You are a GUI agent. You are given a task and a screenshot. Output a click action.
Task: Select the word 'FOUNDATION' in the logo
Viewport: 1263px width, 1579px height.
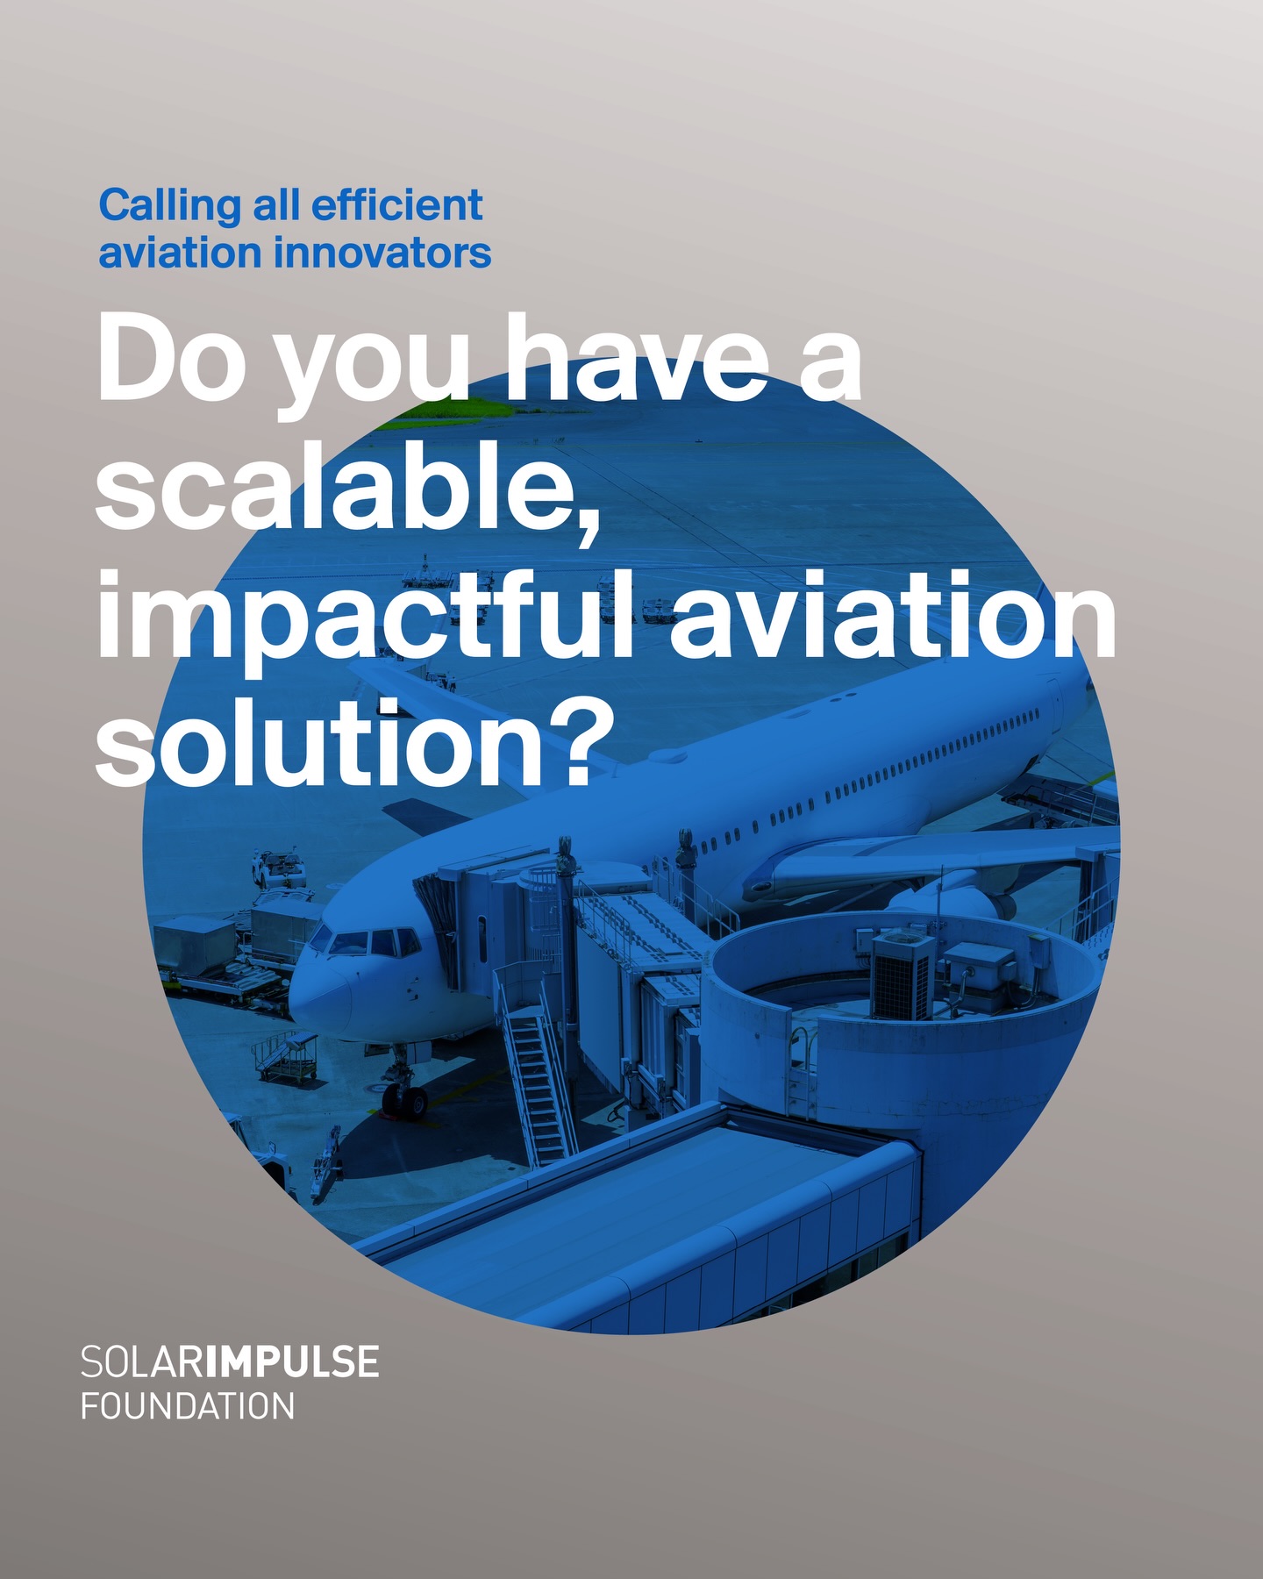[188, 1405]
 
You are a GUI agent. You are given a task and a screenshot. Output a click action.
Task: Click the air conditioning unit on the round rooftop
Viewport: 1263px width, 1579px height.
[902, 975]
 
